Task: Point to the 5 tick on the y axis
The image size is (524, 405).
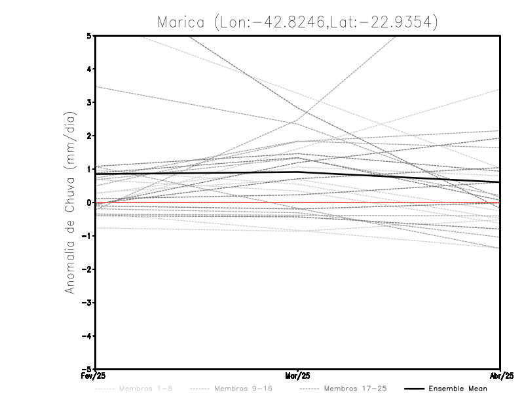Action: [89, 35]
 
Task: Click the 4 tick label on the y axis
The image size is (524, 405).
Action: [89, 69]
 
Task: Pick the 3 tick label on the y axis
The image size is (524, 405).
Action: [89, 102]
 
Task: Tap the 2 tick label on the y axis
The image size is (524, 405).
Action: [89, 136]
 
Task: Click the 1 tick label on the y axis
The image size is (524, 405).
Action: [89, 169]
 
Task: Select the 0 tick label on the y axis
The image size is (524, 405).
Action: [89, 202]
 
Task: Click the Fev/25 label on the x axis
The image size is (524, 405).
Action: [95, 376]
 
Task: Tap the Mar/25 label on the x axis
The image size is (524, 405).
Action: [298, 376]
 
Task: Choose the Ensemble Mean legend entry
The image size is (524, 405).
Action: [457, 389]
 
